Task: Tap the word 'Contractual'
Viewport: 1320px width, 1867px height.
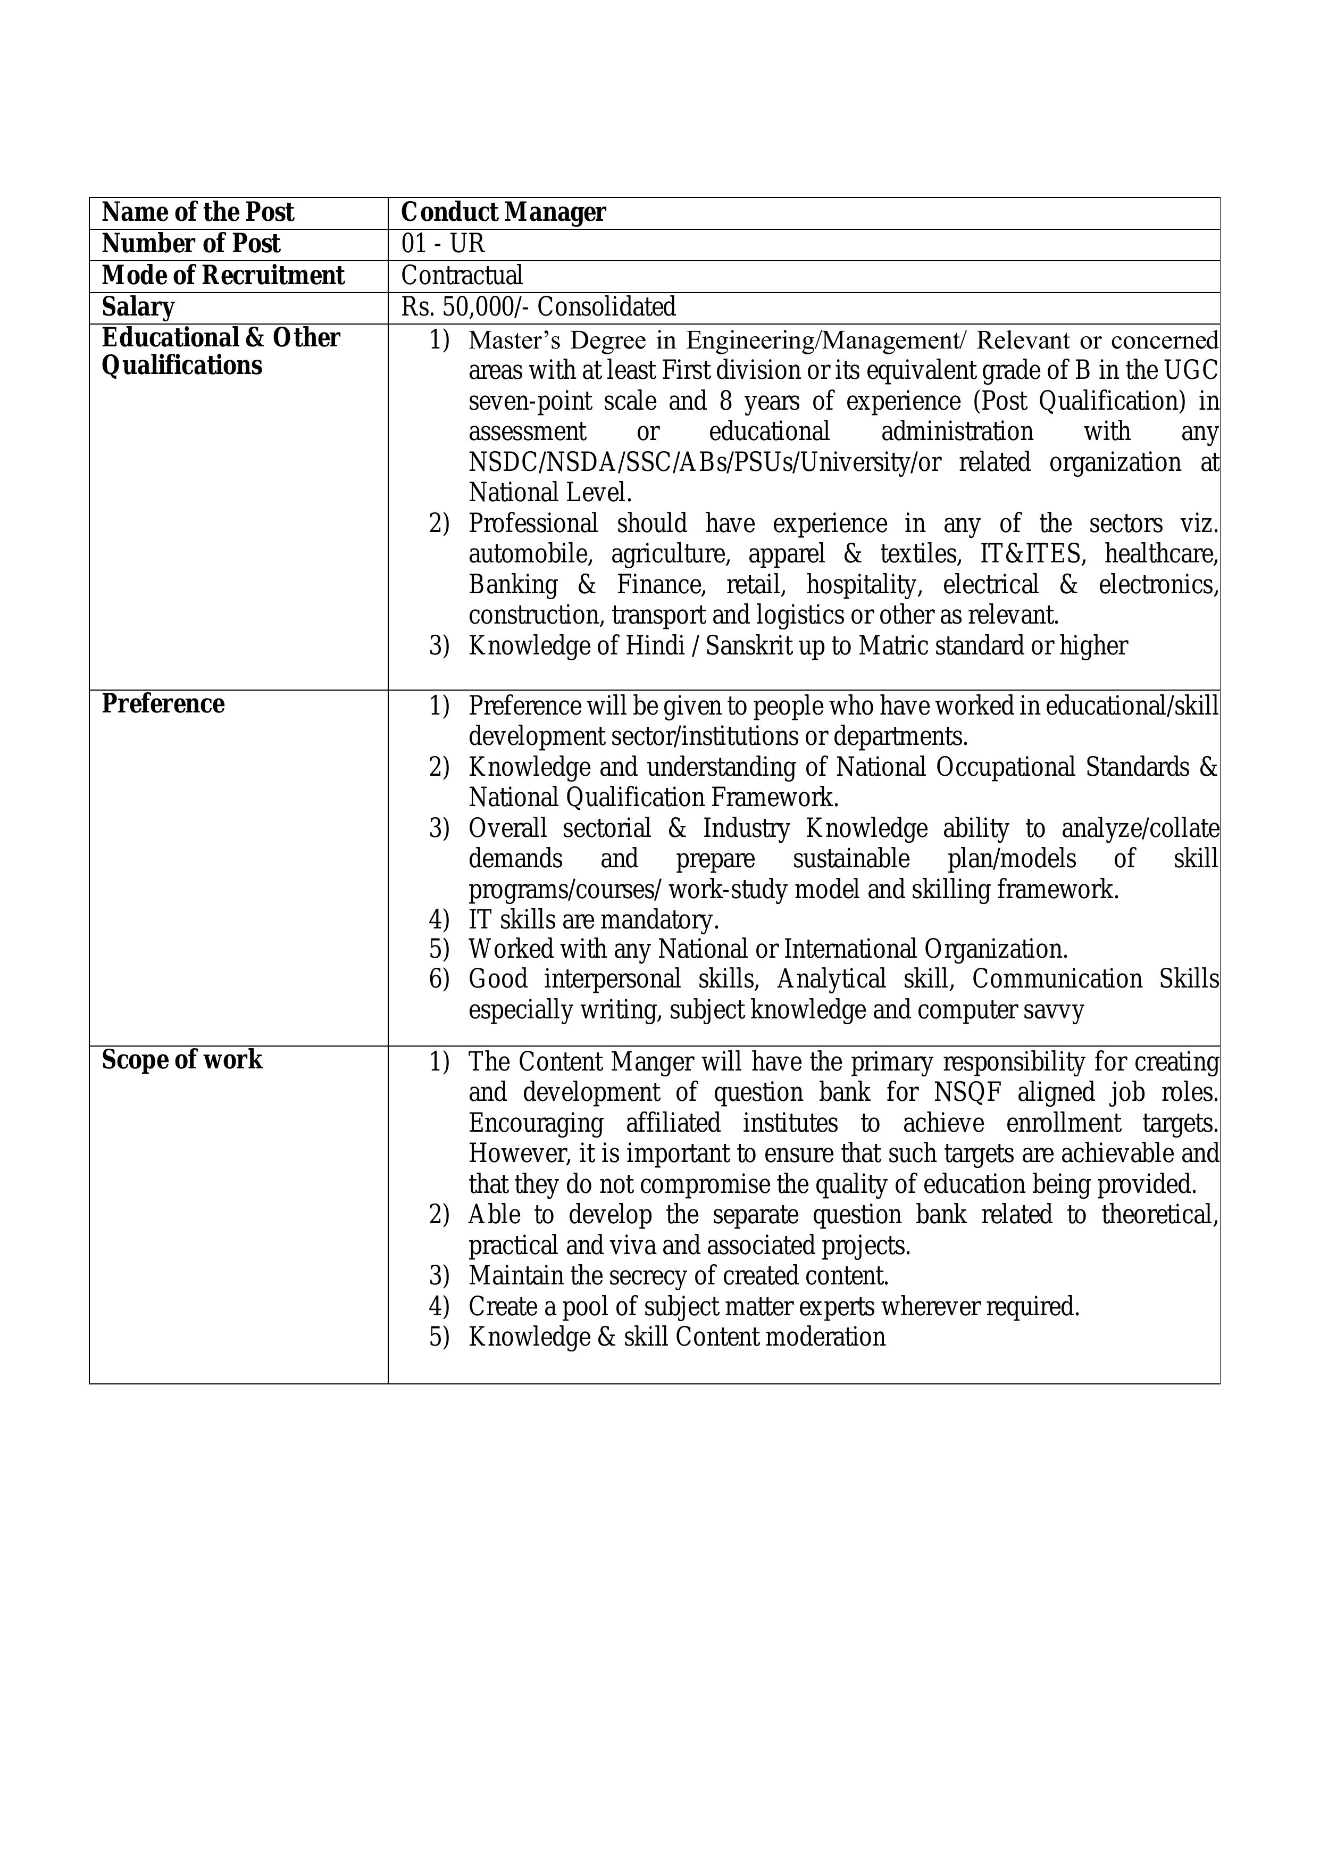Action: point(462,276)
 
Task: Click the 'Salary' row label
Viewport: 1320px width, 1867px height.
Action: point(138,308)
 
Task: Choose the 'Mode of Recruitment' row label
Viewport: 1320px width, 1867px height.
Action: point(223,276)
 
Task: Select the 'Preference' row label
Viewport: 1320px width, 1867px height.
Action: point(163,703)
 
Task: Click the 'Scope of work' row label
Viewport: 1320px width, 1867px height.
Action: point(182,1059)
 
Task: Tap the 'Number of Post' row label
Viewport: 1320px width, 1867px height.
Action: point(191,244)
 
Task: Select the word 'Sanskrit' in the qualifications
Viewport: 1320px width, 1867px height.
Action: point(743,645)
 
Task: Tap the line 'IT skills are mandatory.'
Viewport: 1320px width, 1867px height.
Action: point(594,920)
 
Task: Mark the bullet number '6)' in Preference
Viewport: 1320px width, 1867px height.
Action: point(439,979)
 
